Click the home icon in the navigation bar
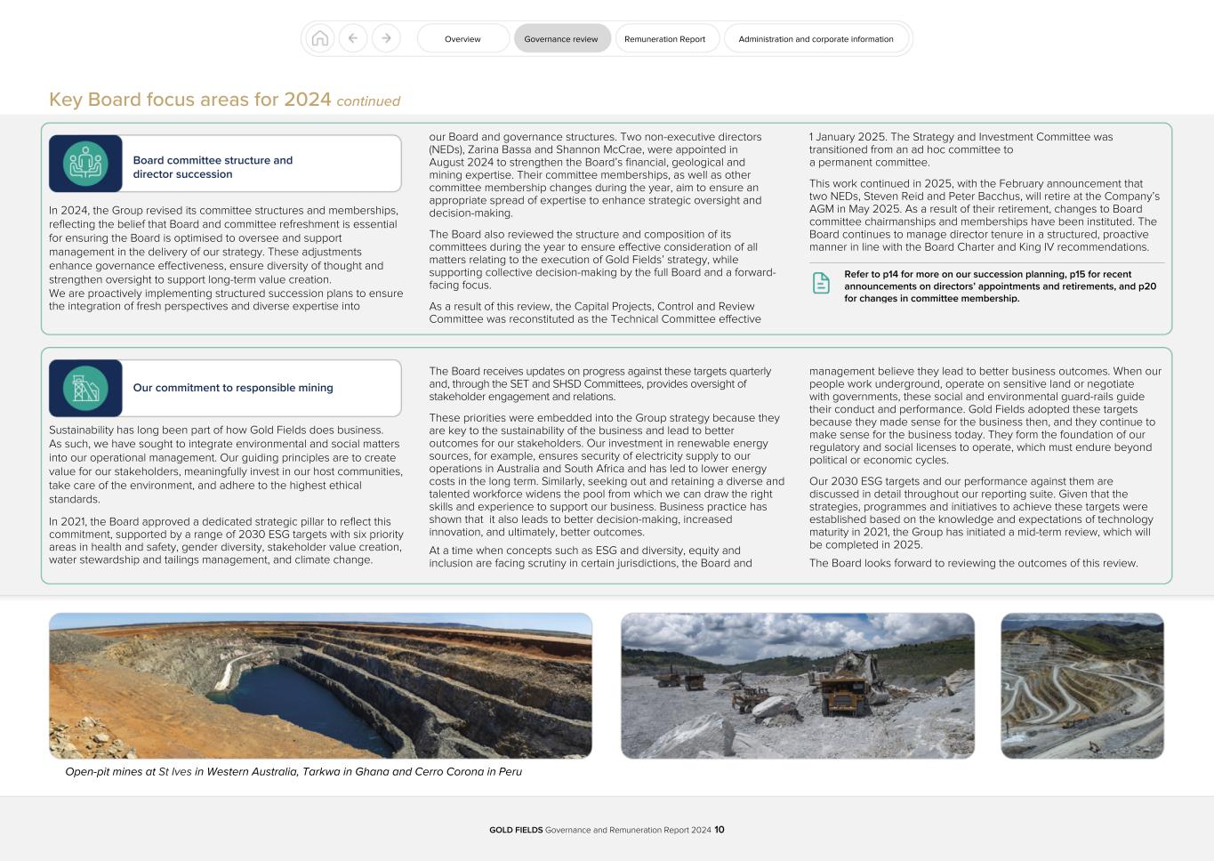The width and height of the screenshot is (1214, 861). click(x=320, y=38)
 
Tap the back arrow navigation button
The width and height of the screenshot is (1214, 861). click(x=353, y=38)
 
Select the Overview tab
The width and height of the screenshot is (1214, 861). click(x=462, y=39)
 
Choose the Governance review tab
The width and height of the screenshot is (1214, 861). click(x=561, y=39)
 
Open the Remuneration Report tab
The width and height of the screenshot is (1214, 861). click(x=664, y=39)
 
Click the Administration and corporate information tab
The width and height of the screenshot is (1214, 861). click(x=816, y=39)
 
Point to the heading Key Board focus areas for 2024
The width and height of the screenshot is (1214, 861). click(x=189, y=100)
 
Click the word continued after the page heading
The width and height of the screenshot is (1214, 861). click(x=368, y=101)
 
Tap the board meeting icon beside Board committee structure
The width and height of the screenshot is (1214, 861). click(x=85, y=164)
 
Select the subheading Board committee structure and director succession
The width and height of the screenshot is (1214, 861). click(x=213, y=167)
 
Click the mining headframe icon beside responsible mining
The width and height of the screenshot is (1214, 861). click(x=85, y=388)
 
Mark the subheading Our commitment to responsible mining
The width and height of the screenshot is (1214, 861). click(x=233, y=388)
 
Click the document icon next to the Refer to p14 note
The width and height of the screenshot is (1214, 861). click(x=821, y=283)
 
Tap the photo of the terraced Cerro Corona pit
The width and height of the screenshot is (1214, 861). click(x=1081, y=686)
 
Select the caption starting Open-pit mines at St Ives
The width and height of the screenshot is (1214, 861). click(x=293, y=772)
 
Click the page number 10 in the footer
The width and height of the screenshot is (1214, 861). click(x=720, y=830)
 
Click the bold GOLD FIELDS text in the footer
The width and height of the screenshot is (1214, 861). click(x=516, y=830)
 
